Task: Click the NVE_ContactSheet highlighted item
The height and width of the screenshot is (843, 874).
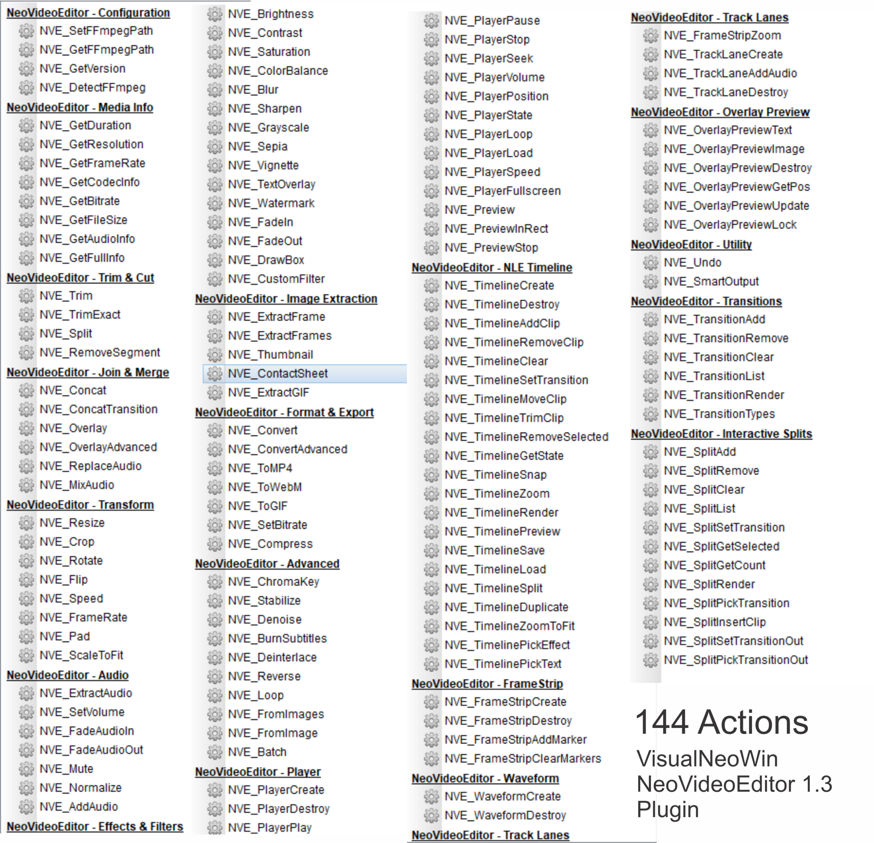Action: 277,373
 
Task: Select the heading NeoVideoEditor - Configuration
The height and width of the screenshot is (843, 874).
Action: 88,13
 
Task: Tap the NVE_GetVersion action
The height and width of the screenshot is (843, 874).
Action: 83,69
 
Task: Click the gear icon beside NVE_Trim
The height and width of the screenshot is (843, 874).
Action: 26,296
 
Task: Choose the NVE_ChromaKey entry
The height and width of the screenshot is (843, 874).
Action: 273,582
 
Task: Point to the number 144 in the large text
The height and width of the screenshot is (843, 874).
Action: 662,722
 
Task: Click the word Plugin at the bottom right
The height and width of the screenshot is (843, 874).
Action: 667,809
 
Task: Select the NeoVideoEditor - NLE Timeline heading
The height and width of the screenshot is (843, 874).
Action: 492,267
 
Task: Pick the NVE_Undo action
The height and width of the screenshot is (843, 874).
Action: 692,263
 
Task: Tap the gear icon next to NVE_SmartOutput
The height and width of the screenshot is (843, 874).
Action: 651,281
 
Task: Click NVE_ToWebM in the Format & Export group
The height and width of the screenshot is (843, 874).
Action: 265,487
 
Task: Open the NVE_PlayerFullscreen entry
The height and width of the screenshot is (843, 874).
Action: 503,191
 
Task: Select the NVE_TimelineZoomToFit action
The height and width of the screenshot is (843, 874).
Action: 509,626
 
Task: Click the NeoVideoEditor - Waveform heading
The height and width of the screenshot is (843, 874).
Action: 485,778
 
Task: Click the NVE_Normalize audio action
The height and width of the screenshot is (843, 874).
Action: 80,788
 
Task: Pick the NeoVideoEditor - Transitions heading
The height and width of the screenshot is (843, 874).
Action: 706,302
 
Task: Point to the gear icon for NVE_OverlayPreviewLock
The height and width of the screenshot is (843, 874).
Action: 651,225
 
